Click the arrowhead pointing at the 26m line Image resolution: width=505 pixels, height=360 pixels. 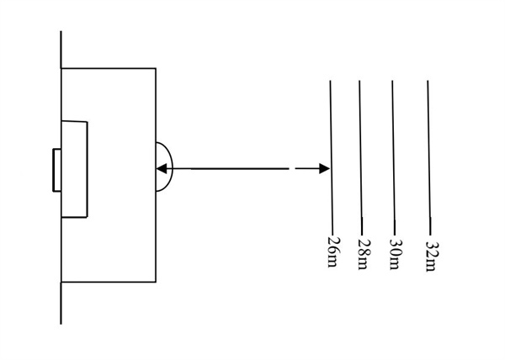point(325,169)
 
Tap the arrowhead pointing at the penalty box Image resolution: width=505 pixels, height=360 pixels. point(161,169)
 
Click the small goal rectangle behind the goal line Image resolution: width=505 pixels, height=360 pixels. point(56,170)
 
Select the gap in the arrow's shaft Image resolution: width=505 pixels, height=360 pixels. point(291,169)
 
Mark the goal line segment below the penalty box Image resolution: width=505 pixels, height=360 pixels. point(61,303)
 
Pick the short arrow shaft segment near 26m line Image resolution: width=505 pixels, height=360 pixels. point(306,169)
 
